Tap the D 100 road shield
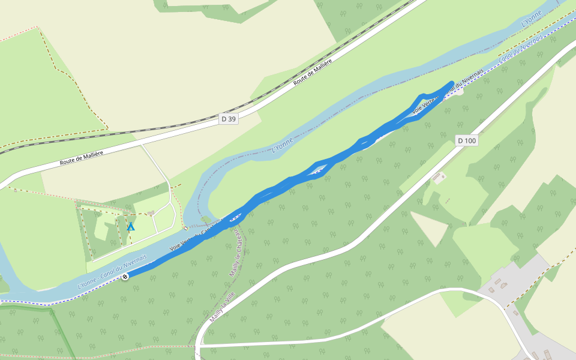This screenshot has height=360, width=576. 466,140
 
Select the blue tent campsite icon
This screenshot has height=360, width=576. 131,226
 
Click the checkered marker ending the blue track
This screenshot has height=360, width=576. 125,276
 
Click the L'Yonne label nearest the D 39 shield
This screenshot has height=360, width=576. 282,145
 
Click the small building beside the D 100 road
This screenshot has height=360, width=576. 439,177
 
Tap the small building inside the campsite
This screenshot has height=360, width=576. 150,212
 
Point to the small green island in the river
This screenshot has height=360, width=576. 206,220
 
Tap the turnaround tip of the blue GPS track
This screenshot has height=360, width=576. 451,83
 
